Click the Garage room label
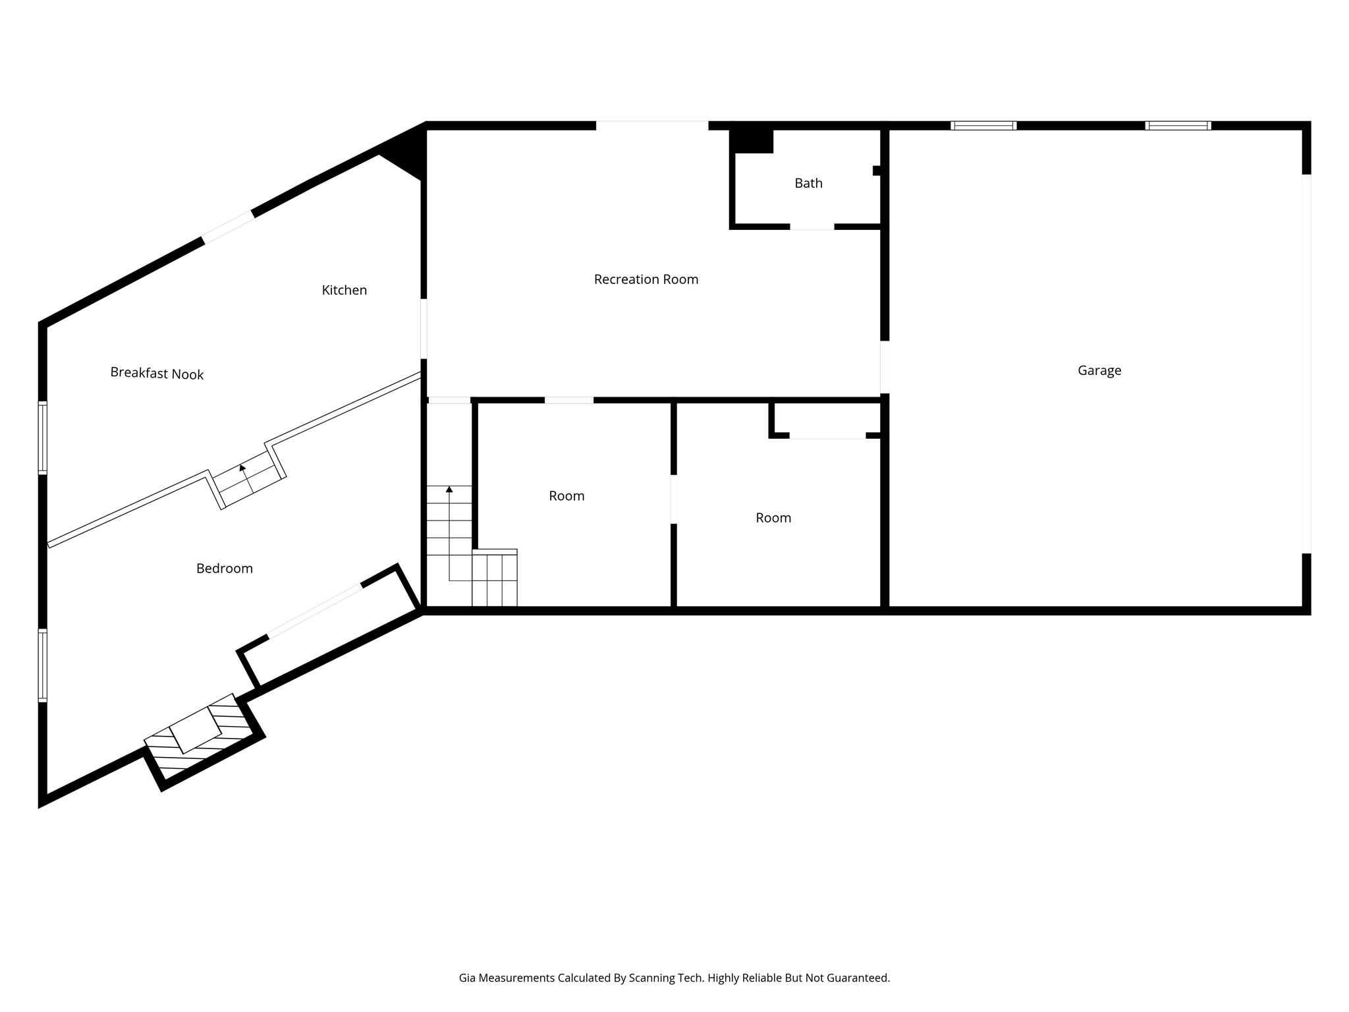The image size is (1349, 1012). point(1099,370)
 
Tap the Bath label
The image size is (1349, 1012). point(808,183)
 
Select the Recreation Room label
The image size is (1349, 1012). point(646,279)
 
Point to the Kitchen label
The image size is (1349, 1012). point(344,290)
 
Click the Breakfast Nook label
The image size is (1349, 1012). point(157,374)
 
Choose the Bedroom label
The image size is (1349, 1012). point(225,569)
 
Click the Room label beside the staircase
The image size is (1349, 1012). point(566,496)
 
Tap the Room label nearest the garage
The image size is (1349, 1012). point(773,518)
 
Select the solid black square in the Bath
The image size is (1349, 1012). point(752,140)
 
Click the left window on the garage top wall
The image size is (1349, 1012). point(983,125)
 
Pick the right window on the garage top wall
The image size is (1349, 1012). point(1178,125)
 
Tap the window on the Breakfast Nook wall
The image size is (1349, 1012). point(43,437)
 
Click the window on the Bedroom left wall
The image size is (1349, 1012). point(43,665)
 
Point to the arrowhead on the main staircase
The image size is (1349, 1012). point(449,490)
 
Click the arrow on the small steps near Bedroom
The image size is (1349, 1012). point(245,476)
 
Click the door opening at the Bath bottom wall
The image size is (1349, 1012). point(812,227)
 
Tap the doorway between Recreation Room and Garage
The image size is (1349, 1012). point(885,367)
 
